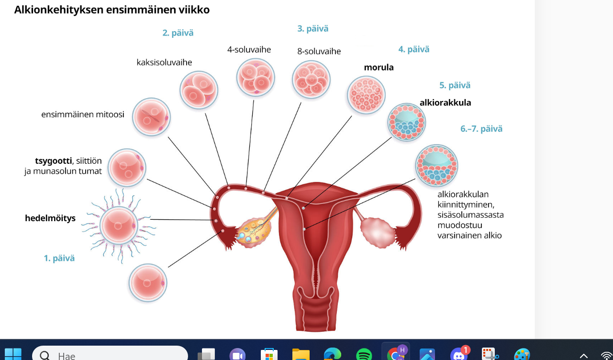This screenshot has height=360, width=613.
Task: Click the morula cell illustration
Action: click(366, 95)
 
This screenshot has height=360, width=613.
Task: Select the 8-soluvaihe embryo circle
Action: click(312, 79)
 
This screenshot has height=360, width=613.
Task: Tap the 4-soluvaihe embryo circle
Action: click(256, 77)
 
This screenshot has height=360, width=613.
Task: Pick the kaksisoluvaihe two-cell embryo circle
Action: click(199, 90)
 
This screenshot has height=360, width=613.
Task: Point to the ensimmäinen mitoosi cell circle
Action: click(151, 117)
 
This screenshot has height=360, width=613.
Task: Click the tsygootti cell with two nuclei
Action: click(127, 168)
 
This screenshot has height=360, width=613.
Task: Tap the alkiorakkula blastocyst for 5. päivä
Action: click(407, 122)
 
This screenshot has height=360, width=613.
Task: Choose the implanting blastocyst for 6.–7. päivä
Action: click(436, 166)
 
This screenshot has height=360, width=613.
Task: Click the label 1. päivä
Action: click(59, 258)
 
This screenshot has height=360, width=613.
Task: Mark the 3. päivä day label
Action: click(313, 29)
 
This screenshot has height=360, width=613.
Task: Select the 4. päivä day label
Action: click(414, 49)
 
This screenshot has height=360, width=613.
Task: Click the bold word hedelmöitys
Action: click(50, 219)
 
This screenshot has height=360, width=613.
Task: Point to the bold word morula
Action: click(379, 67)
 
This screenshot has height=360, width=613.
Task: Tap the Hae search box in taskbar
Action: click(110, 355)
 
